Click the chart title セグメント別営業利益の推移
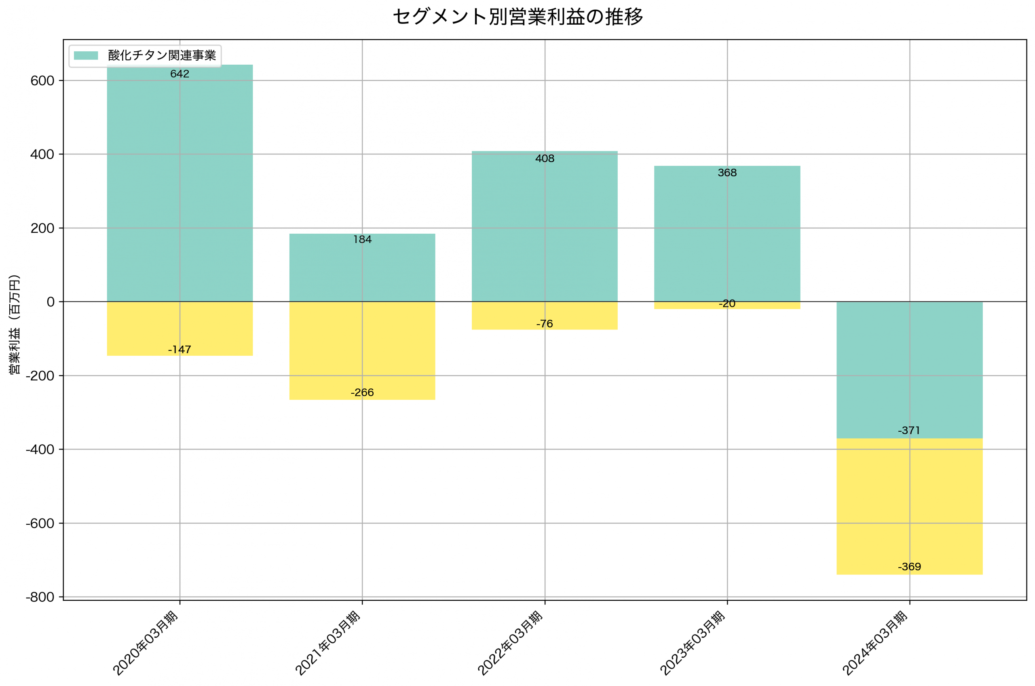click(517, 17)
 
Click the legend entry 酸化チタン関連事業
click(162, 55)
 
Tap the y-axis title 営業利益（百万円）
click(15, 324)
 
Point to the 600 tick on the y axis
click(42, 81)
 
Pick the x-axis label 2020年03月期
click(145, 643)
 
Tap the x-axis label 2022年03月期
click(510, 643)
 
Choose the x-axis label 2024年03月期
click(875, 643)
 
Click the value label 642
click(180, 74)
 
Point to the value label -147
click(180, 350)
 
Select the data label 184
click(362, 239)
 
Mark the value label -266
click(362, 393)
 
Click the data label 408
click(545, 158)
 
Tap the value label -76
click(545, 324)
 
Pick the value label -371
click(909, 431)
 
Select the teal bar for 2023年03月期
click(727, 236)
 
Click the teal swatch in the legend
click(86, 55)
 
